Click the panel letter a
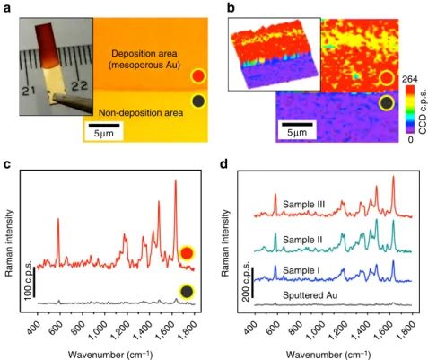click(x=6, y=8)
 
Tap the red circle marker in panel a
click(x=198, y=76)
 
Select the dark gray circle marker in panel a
click(x=198, y=101)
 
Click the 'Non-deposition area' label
click(x=141, y=113)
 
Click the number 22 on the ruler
click(x=80, y=85)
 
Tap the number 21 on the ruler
click(x=30, y=90)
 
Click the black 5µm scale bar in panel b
click(x=297, y=124)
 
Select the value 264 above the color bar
click(x=409, y=79)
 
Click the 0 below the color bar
click(x=410, y=139)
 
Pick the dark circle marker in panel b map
click(x=387, y=103)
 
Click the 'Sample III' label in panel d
click(x=303, y=205)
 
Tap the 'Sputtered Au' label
click(x=310, y=295)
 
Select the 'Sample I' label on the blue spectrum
click(x=301, y=270)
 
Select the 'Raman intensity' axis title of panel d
click(x=225, y=243)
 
